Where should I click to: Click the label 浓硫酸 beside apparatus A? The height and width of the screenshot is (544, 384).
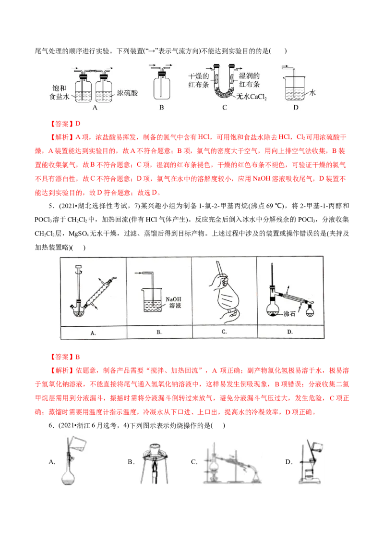click(127, 93)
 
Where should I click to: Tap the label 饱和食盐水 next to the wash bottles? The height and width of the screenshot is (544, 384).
click(59, 92)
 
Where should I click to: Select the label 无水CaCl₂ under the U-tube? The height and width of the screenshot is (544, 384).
click(252, 97)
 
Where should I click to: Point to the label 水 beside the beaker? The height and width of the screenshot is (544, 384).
click(312, 92)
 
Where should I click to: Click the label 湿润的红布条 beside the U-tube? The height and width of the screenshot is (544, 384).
click(249, 80)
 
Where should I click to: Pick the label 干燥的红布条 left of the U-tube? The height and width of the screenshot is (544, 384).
click(199, 80)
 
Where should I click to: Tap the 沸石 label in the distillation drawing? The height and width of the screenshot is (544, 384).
click(289, 314)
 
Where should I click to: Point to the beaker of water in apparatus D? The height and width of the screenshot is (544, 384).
click(294, 89)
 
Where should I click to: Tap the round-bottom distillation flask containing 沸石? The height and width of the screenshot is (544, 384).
click(274, 308)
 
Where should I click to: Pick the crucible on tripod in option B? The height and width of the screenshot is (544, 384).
click(155, 449)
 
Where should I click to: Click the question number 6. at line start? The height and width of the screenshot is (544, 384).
click(51, 425)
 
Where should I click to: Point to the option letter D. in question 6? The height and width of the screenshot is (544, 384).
click(289, 462)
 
